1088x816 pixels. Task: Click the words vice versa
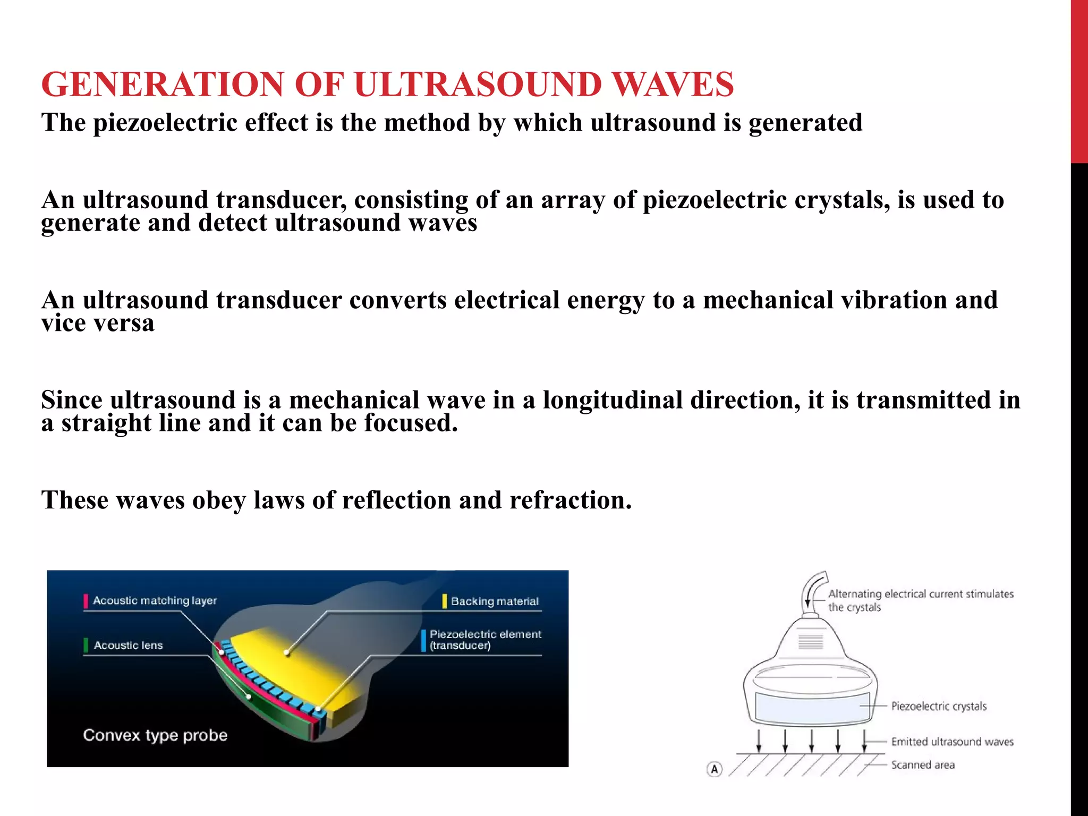point(98,323)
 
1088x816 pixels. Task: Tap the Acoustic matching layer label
point(155,600)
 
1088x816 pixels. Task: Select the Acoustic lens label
point(128,645)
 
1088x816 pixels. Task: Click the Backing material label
point(495,601)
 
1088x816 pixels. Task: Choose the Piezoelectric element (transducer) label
point(485,640)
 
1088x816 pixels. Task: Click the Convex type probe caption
point(155,735)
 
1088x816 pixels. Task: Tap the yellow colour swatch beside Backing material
point(445,601)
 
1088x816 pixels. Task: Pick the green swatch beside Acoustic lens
point(86,645)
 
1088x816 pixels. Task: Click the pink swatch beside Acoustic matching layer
point(86,601)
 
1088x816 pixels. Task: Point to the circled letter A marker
point(715,769)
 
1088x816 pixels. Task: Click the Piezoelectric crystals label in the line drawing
point(938,706)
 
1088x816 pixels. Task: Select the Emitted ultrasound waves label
point(952,742)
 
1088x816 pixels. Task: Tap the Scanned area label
point(923,765)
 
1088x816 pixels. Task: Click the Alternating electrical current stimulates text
point(921,594)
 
